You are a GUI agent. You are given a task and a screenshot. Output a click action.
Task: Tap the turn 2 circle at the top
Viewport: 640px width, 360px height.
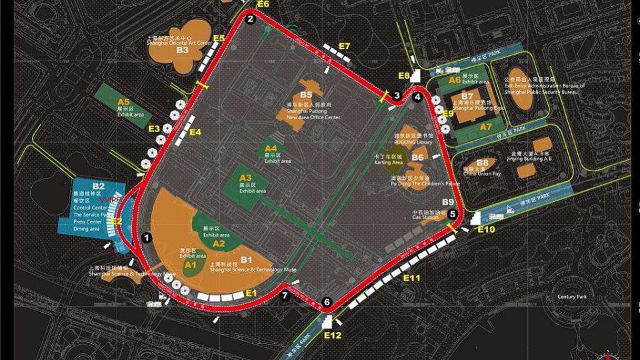(x=251, y=19)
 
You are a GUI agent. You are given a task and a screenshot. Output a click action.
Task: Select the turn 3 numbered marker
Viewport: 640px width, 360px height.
(x=397, y=96)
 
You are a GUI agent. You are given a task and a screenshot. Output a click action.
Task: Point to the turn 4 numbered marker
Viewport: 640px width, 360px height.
(x=417, y=97)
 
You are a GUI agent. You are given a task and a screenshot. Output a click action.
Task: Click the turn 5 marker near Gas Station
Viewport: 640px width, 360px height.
(x=453, y=214)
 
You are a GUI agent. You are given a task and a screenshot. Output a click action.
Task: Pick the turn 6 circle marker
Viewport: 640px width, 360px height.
(x=327, y=303)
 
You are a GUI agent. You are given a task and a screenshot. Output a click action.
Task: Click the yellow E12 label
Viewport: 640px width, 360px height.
(x=332, y=335)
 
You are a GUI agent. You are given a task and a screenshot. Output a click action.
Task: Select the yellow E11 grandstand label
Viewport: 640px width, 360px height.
(x=413, y=277)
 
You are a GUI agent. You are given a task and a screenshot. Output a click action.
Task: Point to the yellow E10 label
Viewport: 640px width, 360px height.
(x=487, y=229)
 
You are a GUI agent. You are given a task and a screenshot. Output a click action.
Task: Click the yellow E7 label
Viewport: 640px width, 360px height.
(x=344, y=46)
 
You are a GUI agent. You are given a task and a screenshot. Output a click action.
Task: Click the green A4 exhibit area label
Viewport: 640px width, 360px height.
(x=271, y=148)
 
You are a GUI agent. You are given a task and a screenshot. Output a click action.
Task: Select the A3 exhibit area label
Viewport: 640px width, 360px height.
(x=246, y=178)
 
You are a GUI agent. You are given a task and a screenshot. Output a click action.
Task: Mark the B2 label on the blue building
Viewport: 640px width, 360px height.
(x=99, y=187)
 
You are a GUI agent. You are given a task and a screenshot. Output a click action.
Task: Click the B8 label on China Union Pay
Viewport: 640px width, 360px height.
(x=483, y=162)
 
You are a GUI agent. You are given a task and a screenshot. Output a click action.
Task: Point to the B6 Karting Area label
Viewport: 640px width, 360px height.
(x=417, y=157)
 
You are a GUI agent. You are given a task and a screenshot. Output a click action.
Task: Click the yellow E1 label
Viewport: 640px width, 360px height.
(x=251, y=293)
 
